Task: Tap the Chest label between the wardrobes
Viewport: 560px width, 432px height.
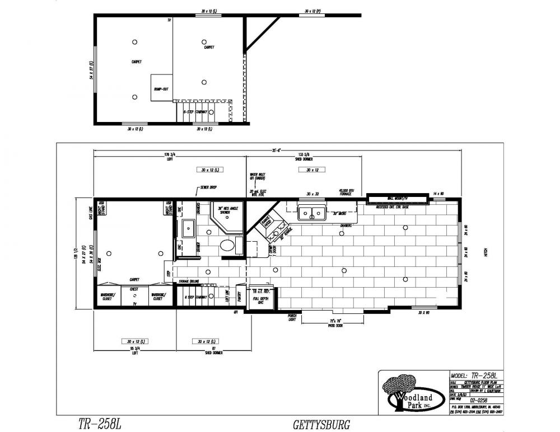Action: coord(134,289)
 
